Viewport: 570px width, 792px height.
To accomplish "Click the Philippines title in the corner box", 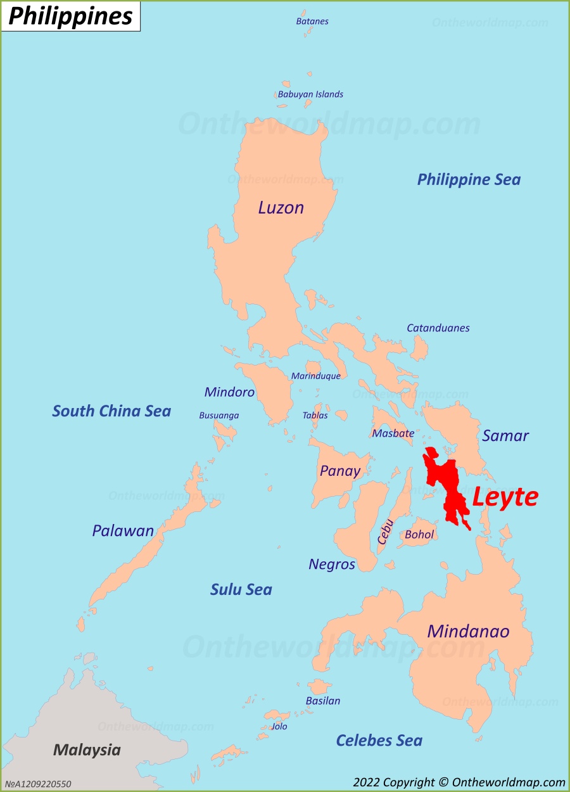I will point(70,16).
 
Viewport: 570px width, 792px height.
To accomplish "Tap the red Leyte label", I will point(505,497).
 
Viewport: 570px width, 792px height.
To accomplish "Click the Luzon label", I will point(281,208).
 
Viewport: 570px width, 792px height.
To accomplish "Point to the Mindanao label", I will point(468,631).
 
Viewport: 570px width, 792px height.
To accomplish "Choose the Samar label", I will point(505,435).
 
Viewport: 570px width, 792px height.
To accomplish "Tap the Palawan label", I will point(123,530).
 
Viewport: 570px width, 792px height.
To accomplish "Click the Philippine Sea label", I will point(469,179).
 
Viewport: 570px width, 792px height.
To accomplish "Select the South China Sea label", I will point(111,411).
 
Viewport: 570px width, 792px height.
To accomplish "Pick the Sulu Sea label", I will point(241,590).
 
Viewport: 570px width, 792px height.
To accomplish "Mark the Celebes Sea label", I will point(379,741).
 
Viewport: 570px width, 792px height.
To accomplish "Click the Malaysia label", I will point(87,750).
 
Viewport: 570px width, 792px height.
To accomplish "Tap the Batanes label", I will point(312,21).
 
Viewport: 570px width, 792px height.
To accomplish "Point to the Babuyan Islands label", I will point(310,94).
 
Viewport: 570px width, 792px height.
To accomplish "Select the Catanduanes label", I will point(438,328).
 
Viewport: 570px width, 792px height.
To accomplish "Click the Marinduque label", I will point(315,376).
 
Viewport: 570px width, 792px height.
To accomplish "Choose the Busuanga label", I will point(218,416).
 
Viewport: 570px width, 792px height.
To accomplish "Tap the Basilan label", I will point(323,701).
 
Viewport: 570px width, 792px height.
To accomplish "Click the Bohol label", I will point(419,535).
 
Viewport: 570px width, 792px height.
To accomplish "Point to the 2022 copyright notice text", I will point(459,782).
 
